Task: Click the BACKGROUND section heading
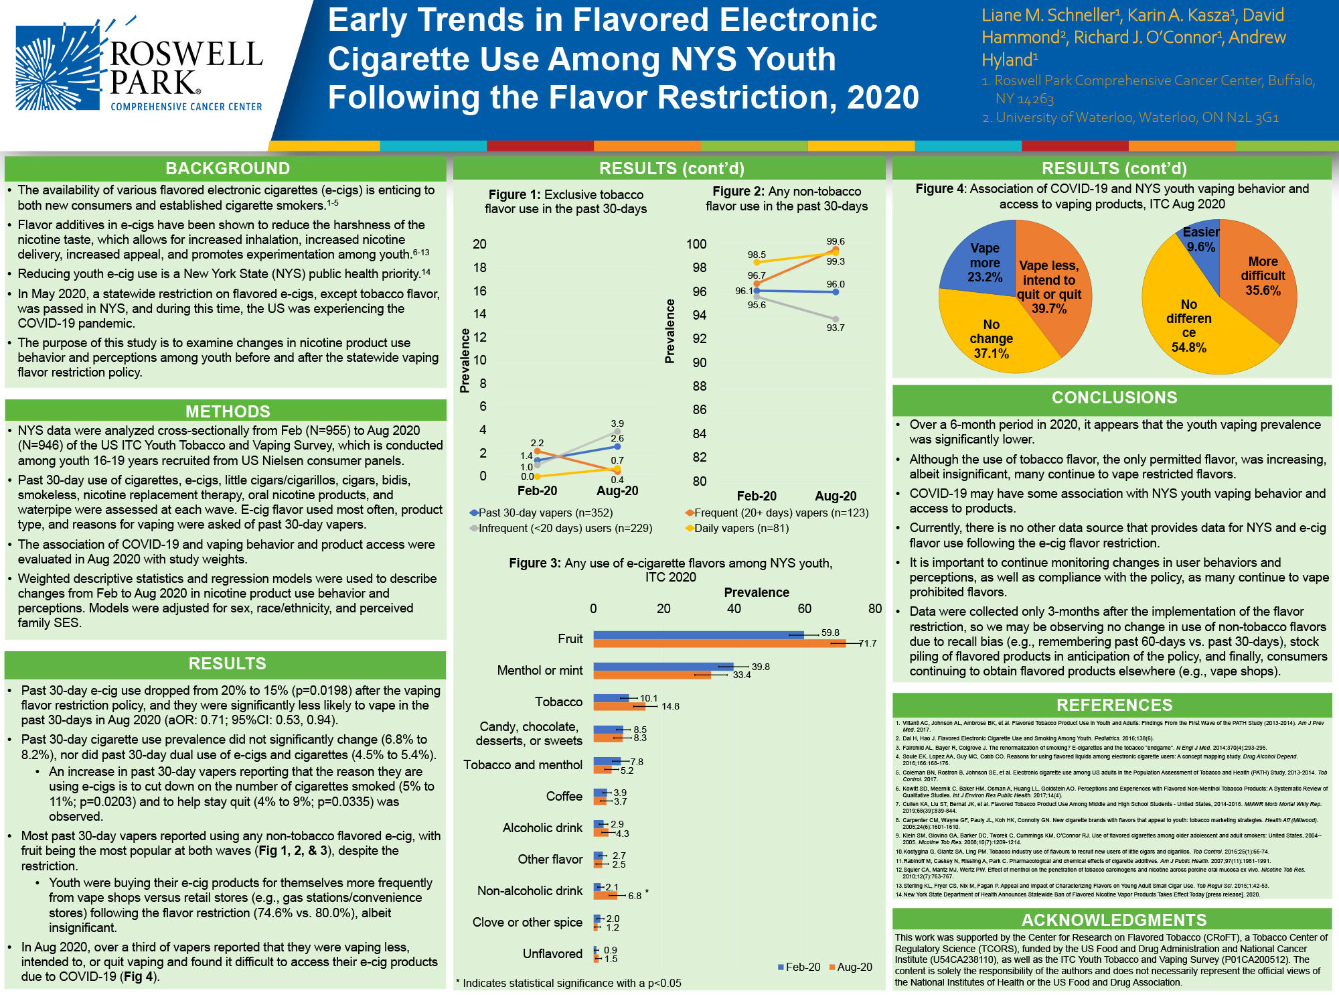click(x=228, y=168)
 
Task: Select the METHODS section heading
click(x=228, y=411)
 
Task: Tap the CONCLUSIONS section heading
click(x=1114, y=397)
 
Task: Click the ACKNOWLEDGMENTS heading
click(x=1114, y=920)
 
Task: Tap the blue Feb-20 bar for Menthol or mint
click(x=663, y=667)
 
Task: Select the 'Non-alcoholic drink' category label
click(x=530, y=890)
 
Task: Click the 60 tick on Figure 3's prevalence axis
click(x=804, y=608)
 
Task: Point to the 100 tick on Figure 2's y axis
click(x=696, y=245)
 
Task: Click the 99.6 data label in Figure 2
click(x=836, y=241)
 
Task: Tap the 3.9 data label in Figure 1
click(x=617, y=423)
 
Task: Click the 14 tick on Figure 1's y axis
click(x=480, y=314)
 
